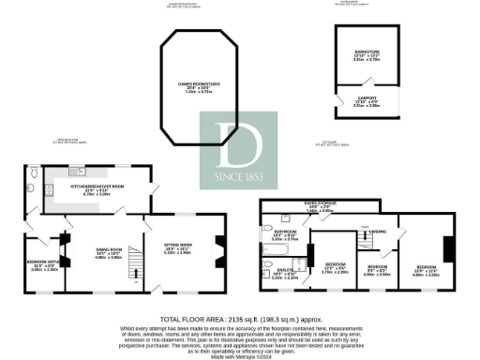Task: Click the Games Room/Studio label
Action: click(202, 90)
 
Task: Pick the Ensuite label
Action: click(284, 276)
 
